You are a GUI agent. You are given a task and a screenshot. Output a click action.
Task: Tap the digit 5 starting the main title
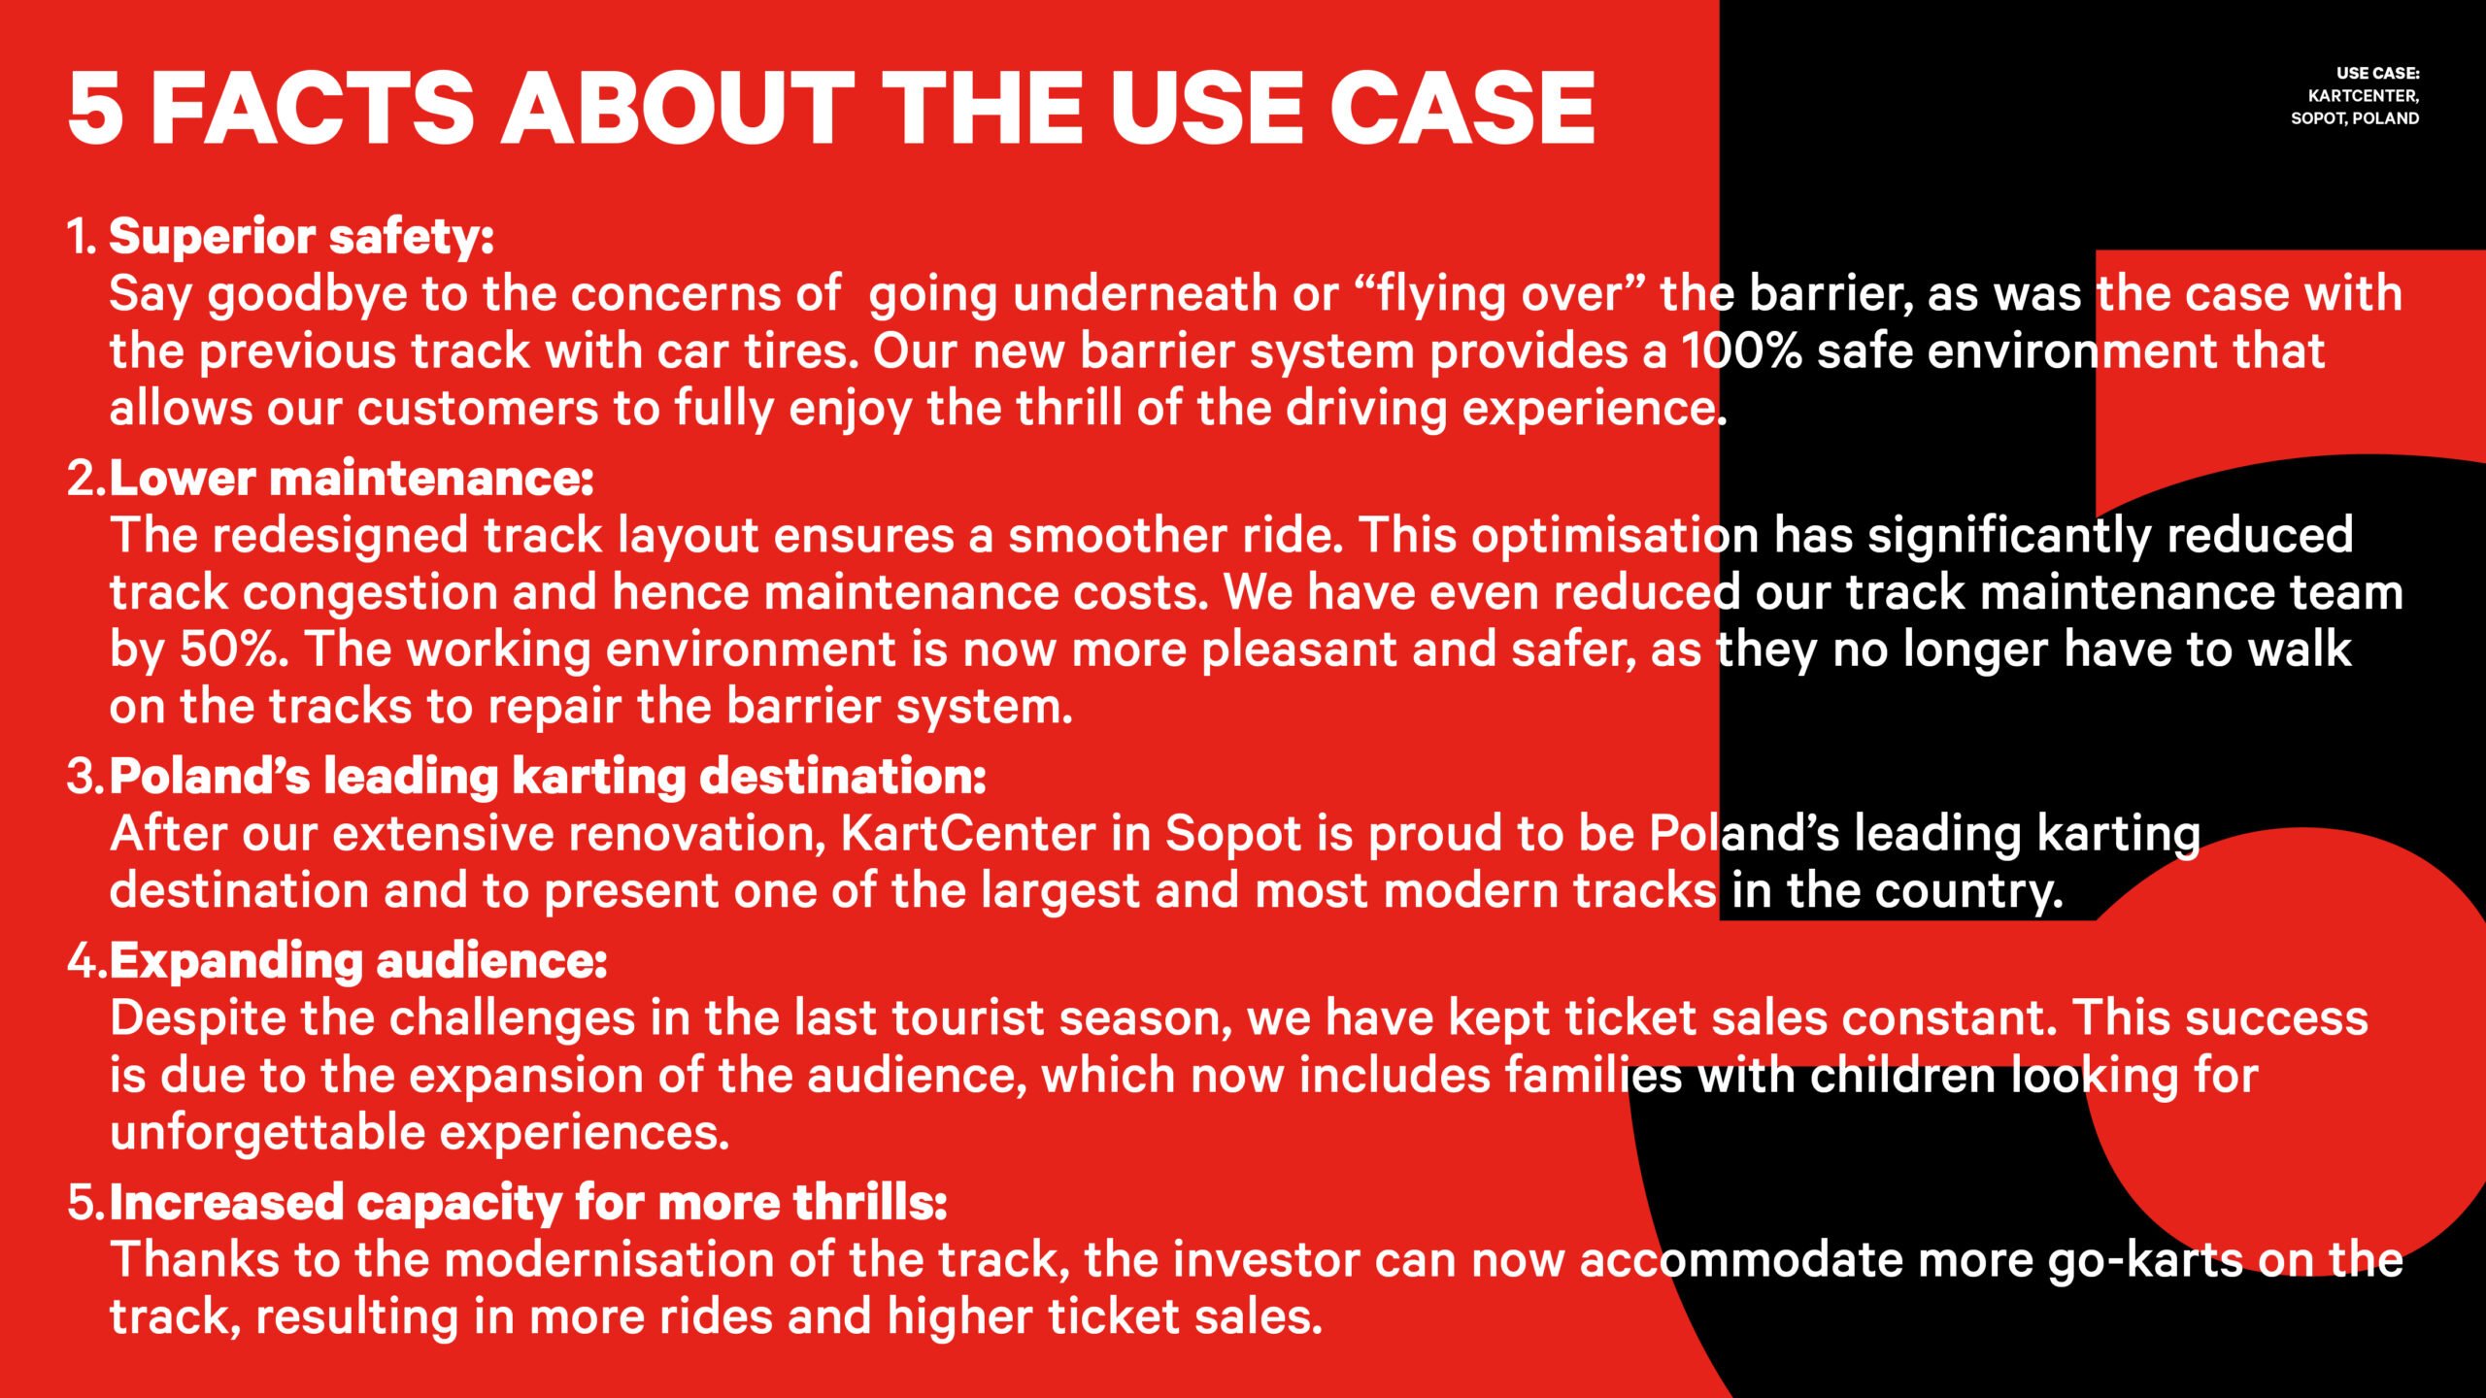click(x=96, y=108)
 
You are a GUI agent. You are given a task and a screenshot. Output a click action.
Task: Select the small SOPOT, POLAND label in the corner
click(x=2355, y=118)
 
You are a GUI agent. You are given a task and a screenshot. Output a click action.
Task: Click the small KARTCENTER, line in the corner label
click(x=2364, y=96)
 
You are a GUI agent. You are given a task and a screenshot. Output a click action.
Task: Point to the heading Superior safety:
click(x=301, y=238)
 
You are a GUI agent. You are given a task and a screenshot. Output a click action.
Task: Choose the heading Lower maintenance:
click(x=352, y=479)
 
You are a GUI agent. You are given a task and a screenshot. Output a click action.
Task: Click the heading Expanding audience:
click(x=358, y=962)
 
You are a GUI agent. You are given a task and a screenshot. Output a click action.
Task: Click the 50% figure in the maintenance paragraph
click(x=234, y=649)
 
